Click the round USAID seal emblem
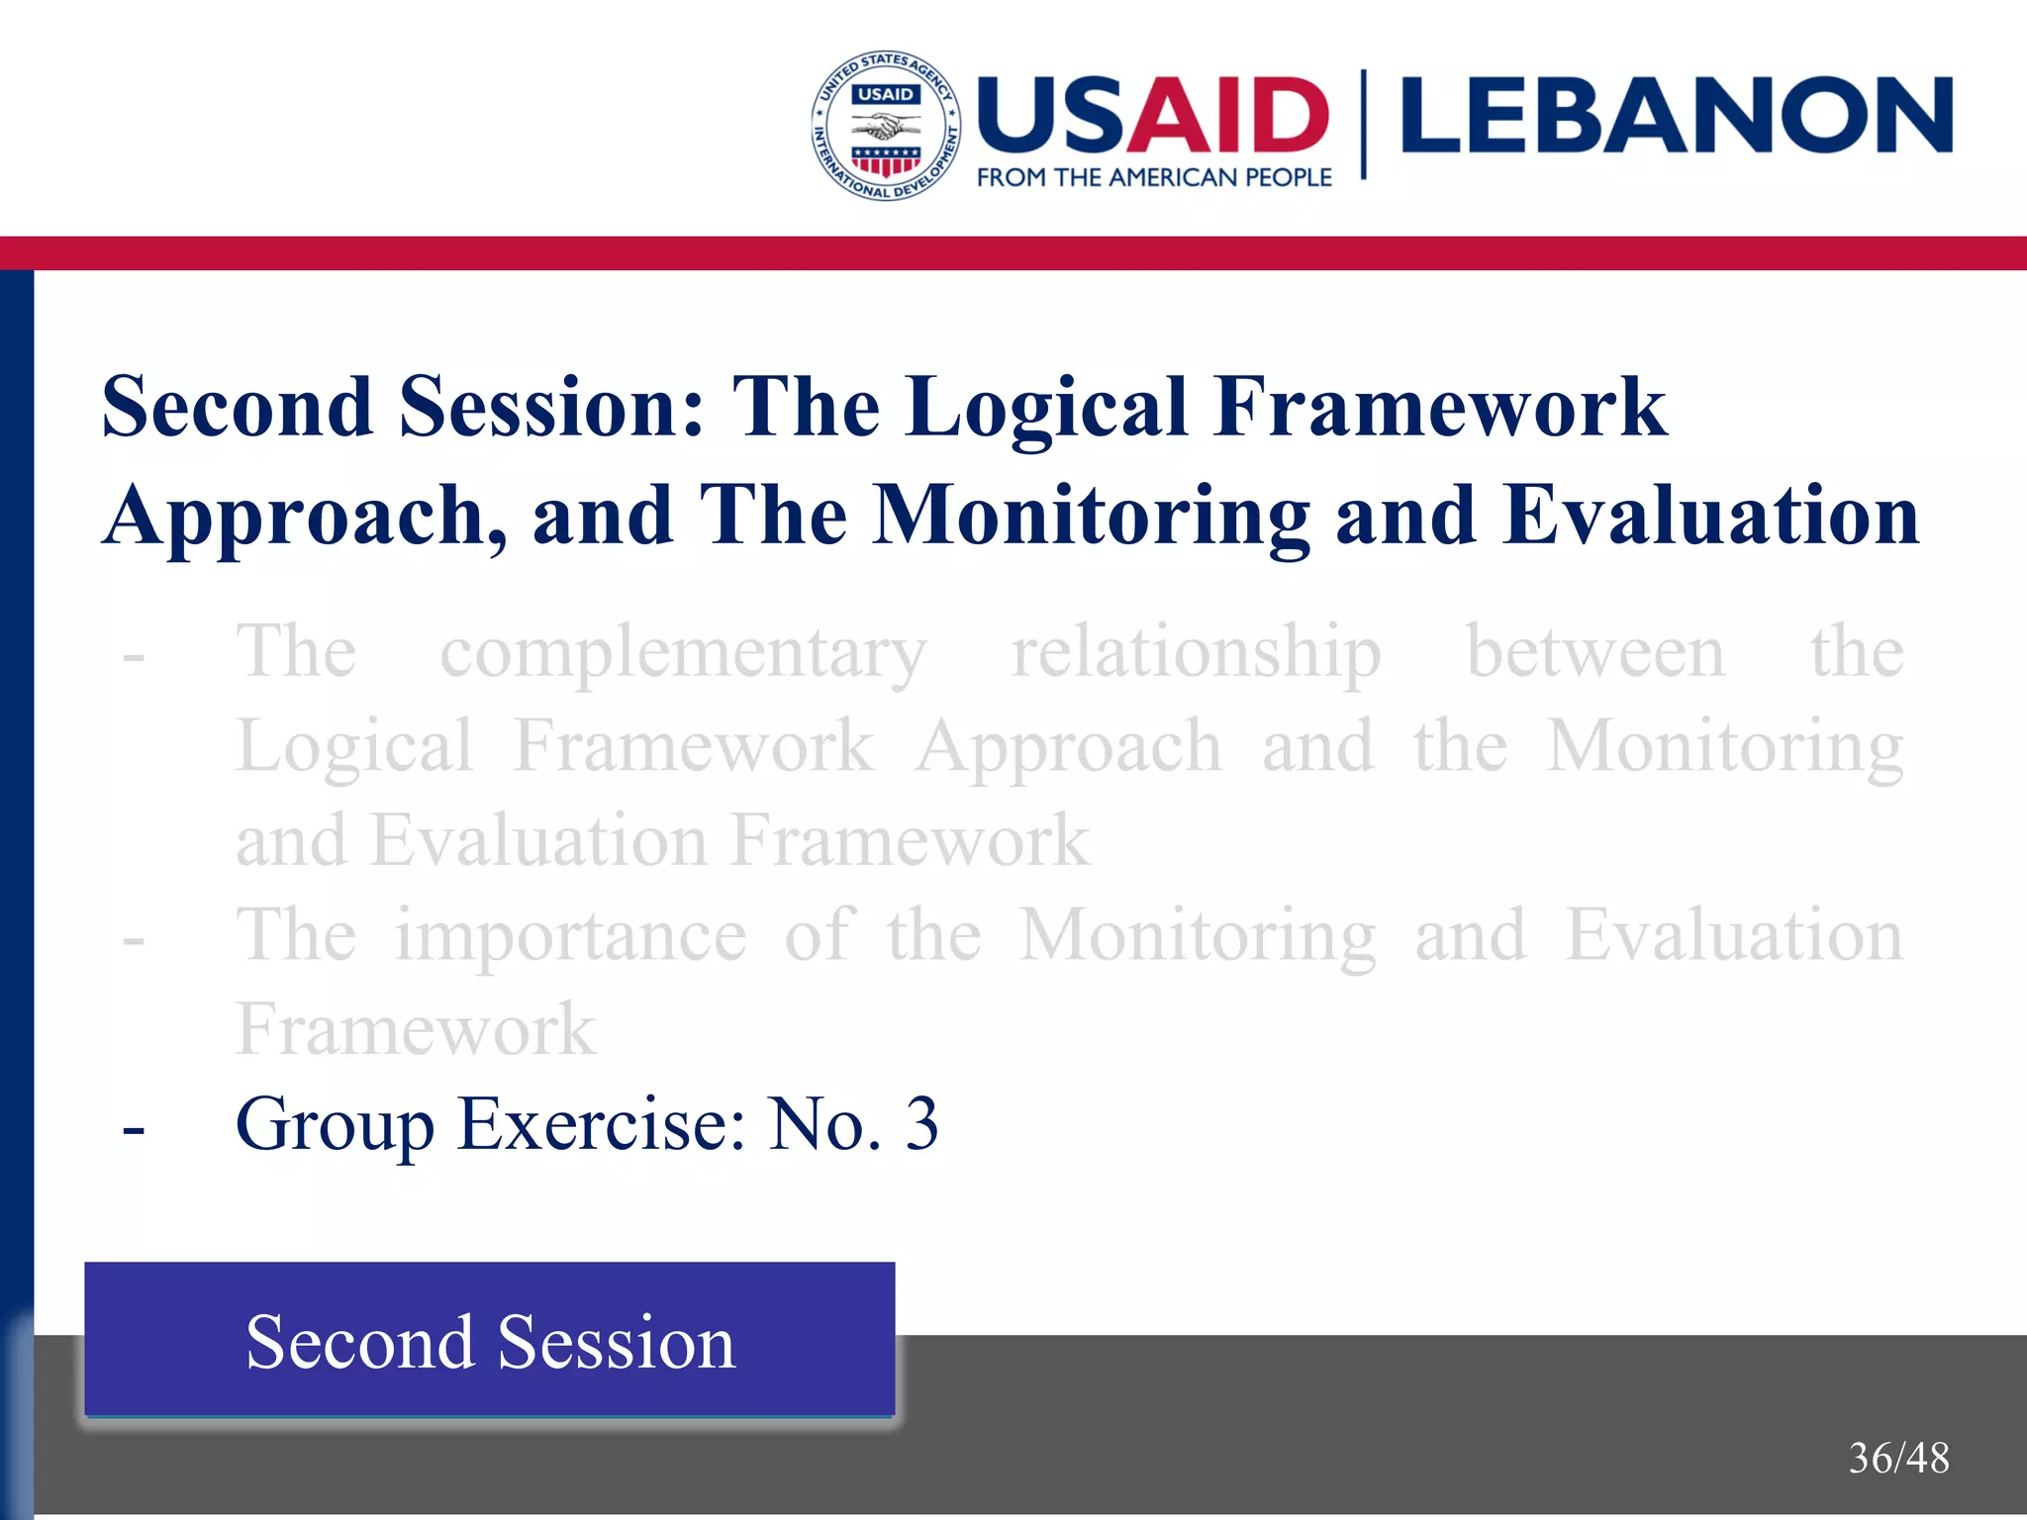(x=885, y=126)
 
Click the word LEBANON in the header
(x=1677, y=116)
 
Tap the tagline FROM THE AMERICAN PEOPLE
(x=1154, y=178)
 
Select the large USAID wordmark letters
(x=1153, y=116)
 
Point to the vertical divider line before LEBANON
(x=1364, y=125)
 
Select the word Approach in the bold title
(x=306, y=518)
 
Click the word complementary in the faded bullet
(x=683, y=654)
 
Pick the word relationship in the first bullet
(x=1196, y=654)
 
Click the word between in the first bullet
(x=1595, y=654)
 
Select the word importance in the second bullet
(x=571, y=936)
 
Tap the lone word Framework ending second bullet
(x=416, y=1030)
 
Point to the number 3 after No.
(x=921, y=1124)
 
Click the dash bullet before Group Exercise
(x=134, y=1127)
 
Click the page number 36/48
(x=1898, y=1458)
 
